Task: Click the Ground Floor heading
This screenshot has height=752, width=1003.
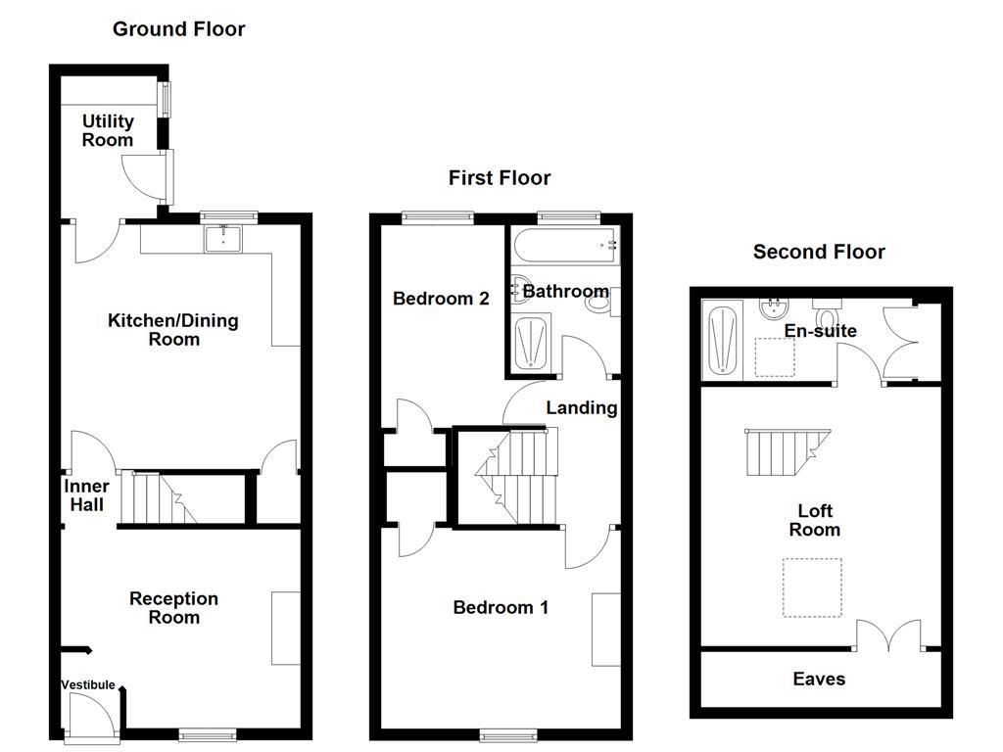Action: point(178,28)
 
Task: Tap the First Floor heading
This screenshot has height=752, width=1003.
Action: point(500,177)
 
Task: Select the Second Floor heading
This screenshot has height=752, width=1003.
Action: point(819,252)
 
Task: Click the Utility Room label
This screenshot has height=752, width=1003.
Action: point(108,130)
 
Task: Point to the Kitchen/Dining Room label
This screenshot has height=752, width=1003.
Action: point(173,330)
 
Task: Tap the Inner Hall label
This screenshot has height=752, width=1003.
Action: point(86,495)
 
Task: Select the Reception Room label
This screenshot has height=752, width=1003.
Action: point(173,608)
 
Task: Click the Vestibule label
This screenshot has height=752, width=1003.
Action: point(88,685)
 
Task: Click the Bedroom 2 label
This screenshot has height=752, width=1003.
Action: point(441,299)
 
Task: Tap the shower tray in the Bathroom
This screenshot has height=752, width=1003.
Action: point(533,343)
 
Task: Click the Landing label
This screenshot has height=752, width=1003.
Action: point(582,407)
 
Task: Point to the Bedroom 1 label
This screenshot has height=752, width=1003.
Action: point(501,608)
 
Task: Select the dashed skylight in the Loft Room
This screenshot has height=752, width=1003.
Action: point(812,587)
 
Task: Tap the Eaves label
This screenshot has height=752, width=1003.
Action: point(819,679)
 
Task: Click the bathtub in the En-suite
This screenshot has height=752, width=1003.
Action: point(723,339)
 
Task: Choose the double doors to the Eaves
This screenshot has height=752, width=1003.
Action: point(888,636)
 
